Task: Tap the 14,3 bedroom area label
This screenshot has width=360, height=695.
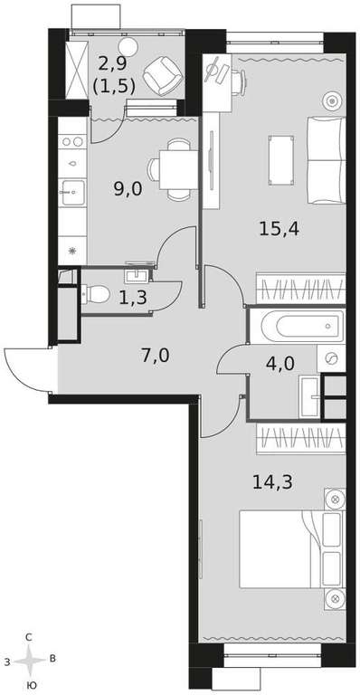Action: (273, 481)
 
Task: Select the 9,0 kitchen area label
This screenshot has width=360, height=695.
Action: (128, 189)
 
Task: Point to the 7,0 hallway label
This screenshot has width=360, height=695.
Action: (155, 356)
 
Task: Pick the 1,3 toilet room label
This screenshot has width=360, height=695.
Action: (133, 298)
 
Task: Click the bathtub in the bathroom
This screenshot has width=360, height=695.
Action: (302, 327)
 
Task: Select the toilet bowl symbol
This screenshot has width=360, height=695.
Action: (95, 293)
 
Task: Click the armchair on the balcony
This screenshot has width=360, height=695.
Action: (163, 75)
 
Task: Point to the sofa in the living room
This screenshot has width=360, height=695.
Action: (327, 160)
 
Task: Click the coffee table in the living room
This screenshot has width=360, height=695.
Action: (281, 160)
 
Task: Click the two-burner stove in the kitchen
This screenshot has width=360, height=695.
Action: (72, 142)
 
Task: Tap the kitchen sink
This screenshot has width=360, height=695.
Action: (73, 193)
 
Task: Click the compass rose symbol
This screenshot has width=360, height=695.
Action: (29, 661)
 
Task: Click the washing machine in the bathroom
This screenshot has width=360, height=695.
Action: (331, 358)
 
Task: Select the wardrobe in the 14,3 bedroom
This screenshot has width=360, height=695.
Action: (300, 438)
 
